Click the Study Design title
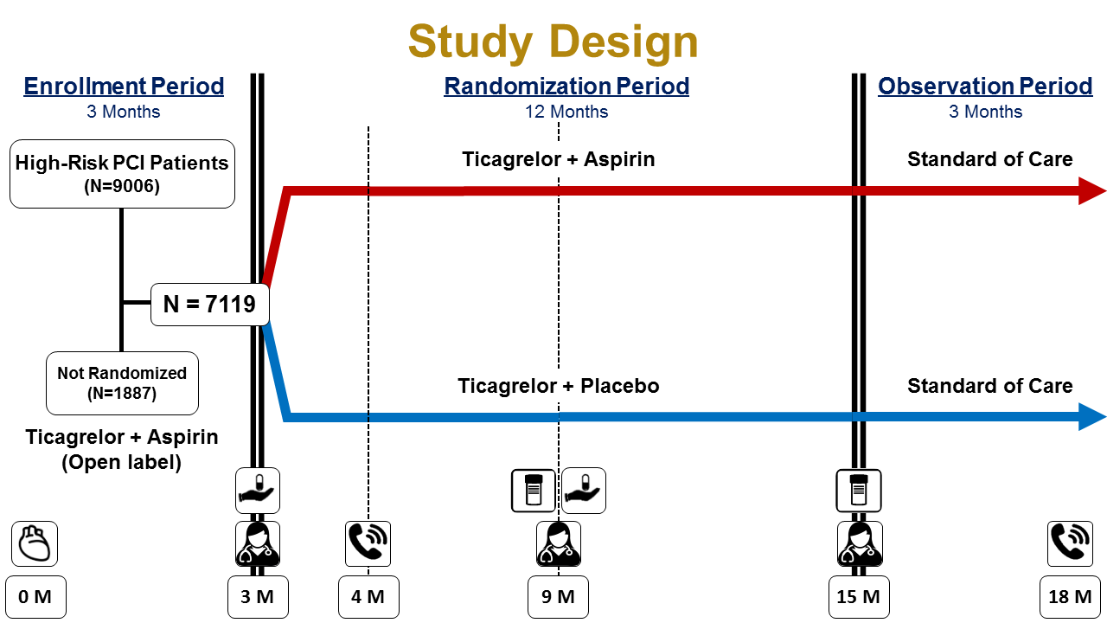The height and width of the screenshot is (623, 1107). pyautogui.click(x=553, y=41)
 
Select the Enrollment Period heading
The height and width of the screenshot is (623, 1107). pyautogui.click(x=124, y=87)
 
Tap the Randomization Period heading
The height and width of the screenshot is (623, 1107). pyautogui.click(x=566, y=87)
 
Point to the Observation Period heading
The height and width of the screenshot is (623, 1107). pyautogui.click(x=985, y=87)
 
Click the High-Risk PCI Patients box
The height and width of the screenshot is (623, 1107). pyautogui.click(x=122, y=173)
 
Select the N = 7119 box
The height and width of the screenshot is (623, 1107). pyautogui.click(x=209, y=305)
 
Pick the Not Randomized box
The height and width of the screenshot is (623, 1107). pyautogui.click(x=122, y=382)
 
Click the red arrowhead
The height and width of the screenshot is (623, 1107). pyautogui.click(x=1092, y=190)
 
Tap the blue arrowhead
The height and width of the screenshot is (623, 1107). pyautogui.click(x=1092, y=417)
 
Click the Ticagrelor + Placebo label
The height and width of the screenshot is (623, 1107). pyautogui.click(x=559, y=386)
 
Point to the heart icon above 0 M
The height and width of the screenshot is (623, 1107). pyautogui.click(x=35, y=543)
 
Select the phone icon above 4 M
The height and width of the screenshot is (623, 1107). pyautogui.click(x=368, y=543)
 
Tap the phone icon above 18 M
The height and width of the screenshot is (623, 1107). pyautogui.click(x=1070, y=543)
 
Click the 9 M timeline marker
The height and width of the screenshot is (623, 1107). pyautogui.click(x=558, y=597)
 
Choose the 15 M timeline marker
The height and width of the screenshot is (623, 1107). pyautogui.click(x=859, y=597)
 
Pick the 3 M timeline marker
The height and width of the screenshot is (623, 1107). pyautogui.click(x=258, y=597)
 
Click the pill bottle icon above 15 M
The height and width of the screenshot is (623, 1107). pyautogui.click(x=859, y=491)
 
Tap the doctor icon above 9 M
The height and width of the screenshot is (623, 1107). pyautogui.click(x=558, y=543)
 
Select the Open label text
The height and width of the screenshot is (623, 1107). pyautogui.click(x=122, y=462)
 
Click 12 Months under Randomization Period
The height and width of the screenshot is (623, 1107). pyautogui.click(x=566, y=112)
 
